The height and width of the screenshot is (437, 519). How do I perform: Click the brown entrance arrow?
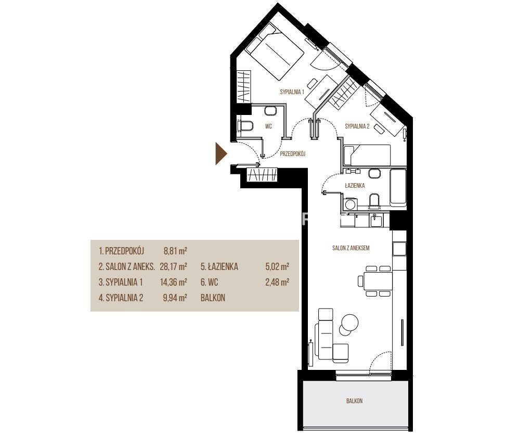[x=220, y=153]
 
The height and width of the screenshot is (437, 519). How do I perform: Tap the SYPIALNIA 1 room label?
[x=292, y=92]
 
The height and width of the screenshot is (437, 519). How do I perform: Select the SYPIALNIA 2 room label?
[x=357, y=126]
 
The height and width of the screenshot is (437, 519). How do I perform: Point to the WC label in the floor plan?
[x=268, y=126]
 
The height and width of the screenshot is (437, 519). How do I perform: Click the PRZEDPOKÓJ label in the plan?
[x=292, y=154]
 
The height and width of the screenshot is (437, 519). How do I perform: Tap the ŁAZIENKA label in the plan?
[x=355, y=185]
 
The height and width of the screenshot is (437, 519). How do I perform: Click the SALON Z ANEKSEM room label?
[x=351, y=248]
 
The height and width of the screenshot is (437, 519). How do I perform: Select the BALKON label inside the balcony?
[x=355, y=401]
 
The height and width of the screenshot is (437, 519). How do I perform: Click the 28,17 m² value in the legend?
[x=174, y=266]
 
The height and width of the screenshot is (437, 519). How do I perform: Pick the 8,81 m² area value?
[x=175, y=251]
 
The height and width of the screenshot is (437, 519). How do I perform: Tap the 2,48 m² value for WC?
[x=277, y=282]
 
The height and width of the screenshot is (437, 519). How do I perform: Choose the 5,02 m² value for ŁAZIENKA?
[x=277, y=266]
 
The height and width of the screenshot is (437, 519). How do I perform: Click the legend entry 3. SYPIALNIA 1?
[x=121, y=282]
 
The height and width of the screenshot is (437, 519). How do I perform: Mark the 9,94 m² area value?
[x=175, y=298]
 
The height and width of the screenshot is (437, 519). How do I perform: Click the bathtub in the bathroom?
[x=398, y=188]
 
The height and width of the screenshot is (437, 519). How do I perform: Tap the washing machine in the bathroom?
[x=350, y=203]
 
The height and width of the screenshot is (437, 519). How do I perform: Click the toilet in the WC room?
[x=245, y=126]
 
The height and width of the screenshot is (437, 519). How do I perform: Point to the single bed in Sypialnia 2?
[x=367, y=155]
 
